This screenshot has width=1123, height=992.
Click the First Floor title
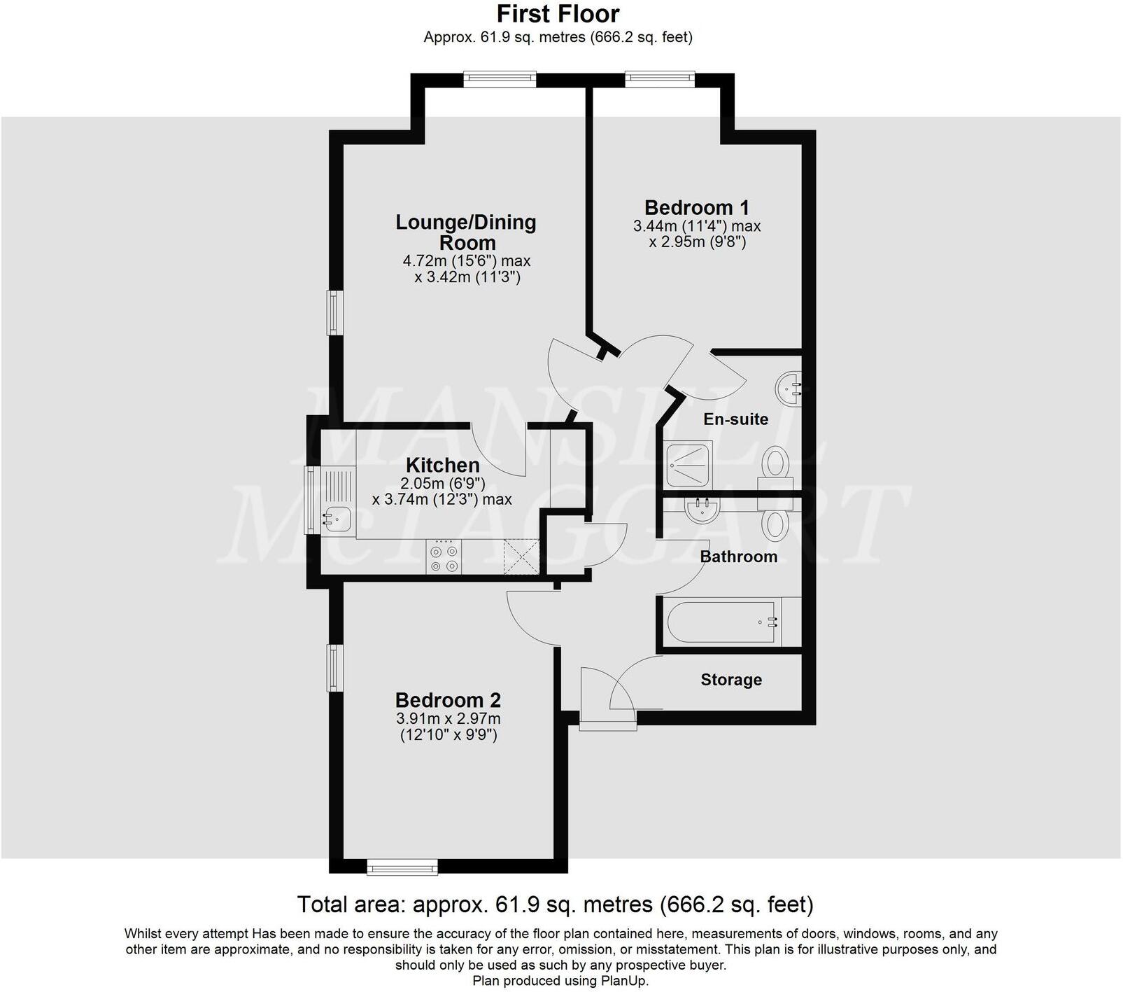click(558, 14)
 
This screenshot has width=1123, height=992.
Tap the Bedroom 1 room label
click(696, 208)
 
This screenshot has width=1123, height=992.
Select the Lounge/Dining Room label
click(466, 232)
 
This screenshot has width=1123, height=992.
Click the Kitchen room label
click(442, 466)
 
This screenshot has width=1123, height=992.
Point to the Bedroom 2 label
click(448, 700)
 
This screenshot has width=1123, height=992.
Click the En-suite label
click(735, 419)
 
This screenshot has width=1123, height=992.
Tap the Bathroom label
click(739, 557)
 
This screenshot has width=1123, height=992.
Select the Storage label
click(731, 680)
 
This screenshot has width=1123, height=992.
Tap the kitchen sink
click(337, 519)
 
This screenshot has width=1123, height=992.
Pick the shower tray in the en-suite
click(688, 464)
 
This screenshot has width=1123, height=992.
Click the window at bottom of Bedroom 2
click(402, 868)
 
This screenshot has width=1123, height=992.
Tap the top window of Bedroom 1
click(659, 79)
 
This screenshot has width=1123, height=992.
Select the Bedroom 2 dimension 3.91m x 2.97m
click(448, 719)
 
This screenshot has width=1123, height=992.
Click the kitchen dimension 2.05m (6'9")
click(442, 483)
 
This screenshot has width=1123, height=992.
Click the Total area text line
click(556, 904)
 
